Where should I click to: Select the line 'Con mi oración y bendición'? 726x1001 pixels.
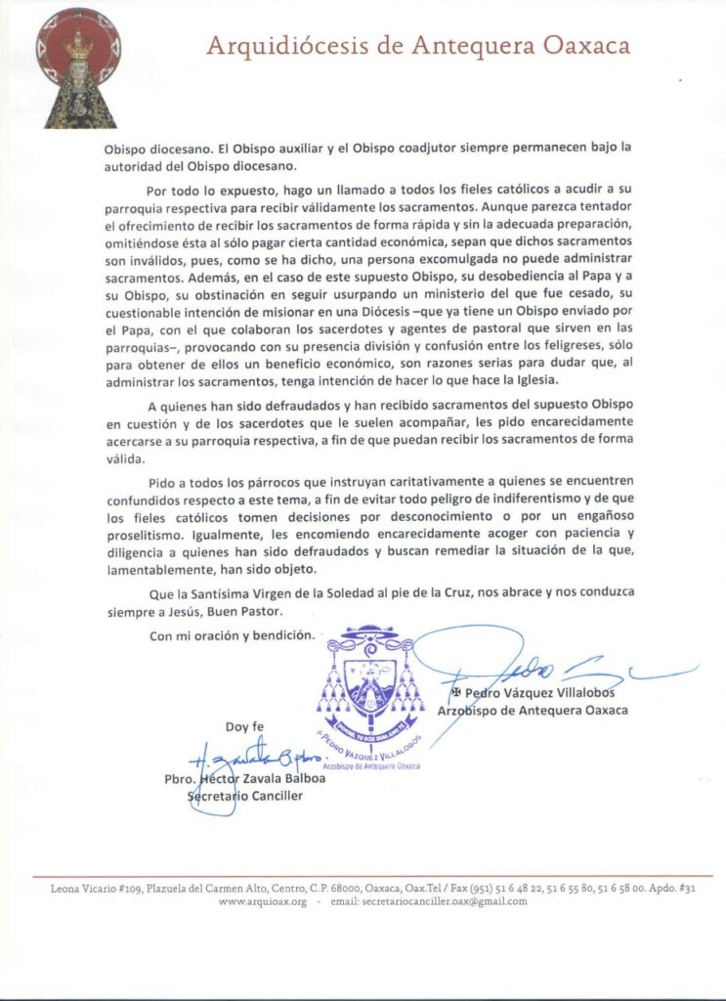pos(234,635)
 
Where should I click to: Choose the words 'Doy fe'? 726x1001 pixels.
pos(244,726)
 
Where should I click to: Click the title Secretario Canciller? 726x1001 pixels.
pos(244,796)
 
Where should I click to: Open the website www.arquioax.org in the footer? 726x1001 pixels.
pos(263,901)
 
